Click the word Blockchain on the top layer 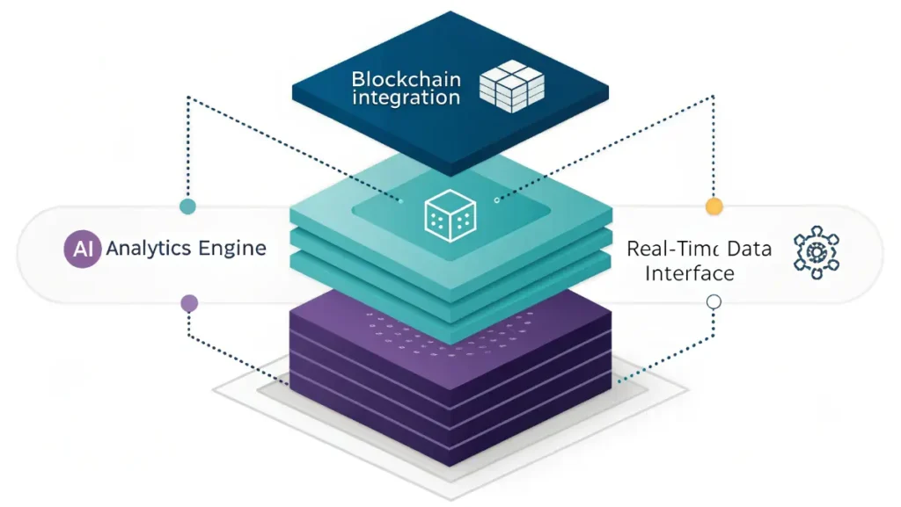(x=406, y=78)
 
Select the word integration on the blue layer (x=406, y=98)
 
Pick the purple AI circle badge (x=83, y=249)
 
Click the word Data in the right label (x=748, y=249)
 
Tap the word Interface (x=689, y=273)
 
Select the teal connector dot (x=187, y=207)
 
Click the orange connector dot (x=714, y=207)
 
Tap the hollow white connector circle (x=714, y=302)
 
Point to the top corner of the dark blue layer (x=450, y=12)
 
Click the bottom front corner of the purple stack (x=450, y=466)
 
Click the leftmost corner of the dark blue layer (x=292, y=86)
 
